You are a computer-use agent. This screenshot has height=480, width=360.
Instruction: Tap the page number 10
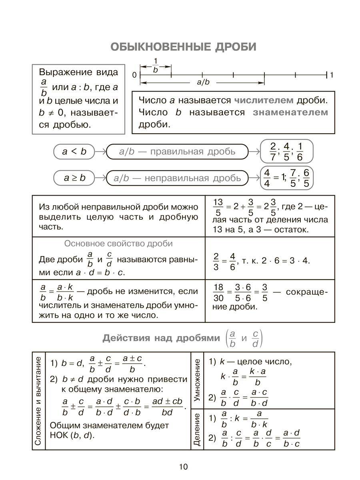(x=183, y=466)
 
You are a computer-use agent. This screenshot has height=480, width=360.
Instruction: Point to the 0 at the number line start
(x=134, y=75)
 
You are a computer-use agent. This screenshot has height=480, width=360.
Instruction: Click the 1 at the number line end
(x=332, y=75)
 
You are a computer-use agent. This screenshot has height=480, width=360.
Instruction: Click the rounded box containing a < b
(x=74, y=152)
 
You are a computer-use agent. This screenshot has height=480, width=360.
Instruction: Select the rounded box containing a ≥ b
(x=74, y=178)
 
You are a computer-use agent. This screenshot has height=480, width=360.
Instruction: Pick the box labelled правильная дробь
(x=177, y=152)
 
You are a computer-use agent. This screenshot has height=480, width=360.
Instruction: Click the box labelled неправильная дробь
(x=177, y=178)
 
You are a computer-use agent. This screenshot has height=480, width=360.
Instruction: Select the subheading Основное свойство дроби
(x=118, y=244)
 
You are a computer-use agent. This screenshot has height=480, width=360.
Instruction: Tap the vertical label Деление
(x=197, y=430)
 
